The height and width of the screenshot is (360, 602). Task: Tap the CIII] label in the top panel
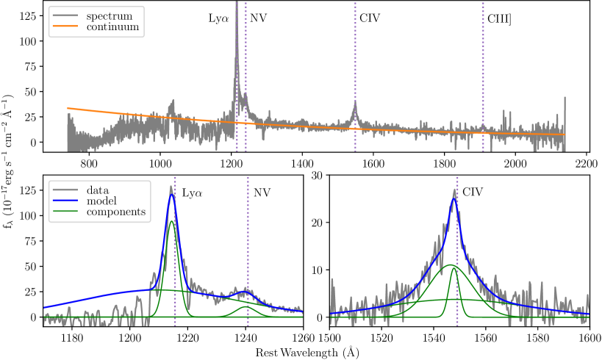[x=500, y=18]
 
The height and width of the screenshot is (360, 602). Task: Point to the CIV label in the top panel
[x=370, y=18]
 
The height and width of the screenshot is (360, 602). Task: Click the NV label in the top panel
[x=258, y=18]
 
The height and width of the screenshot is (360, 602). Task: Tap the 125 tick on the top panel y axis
[x=28, y=15]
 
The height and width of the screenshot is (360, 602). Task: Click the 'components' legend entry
[x=117, y=212]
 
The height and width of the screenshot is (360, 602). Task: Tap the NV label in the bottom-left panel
[x=262, y=193]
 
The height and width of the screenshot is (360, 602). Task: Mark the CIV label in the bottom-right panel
[x=473, y=193]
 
